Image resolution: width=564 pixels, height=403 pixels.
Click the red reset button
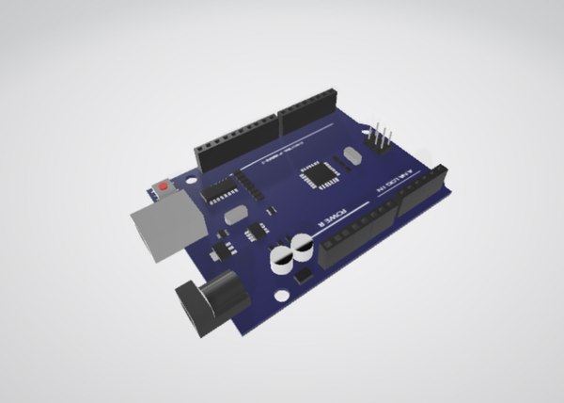(x=164, y=186)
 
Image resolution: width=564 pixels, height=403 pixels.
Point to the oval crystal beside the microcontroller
(x=352, y=156)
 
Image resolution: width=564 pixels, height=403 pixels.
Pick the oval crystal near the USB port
(x=236, y=216)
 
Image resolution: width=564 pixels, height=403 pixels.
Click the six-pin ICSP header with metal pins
(x=381, y=138)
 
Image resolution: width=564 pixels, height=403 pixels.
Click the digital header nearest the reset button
(x=236, y=141)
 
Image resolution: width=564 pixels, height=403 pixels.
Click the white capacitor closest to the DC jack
(x=280, y=259)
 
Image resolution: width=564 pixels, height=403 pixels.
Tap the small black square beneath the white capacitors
(x=304, y=277)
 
